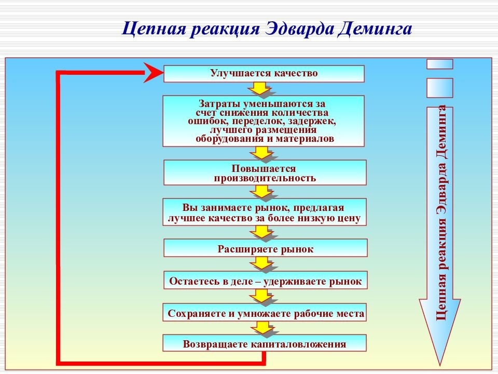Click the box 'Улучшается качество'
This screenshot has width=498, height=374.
click(x=264, y=74)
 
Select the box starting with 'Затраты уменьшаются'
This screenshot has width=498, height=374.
click(x=264, y=121)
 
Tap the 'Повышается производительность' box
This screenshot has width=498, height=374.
click(x=265, y=173)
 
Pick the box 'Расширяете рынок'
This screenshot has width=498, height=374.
click(x=265, y=249)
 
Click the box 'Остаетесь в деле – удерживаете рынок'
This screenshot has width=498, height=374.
click(x=265, y=282)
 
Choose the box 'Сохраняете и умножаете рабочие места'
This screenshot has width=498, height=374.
click(x=265, y=314)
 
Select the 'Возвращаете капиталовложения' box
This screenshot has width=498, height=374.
click(x=265, y=344)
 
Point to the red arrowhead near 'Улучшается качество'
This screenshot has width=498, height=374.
click(x=153, y=73)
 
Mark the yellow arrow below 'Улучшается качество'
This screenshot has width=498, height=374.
click(x=262, y=89)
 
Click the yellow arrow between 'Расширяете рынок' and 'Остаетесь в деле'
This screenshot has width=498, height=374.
click(x=262, y=263)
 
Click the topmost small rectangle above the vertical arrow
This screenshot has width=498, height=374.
click(x=440, y=63)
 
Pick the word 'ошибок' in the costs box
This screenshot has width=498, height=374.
click(x=204, y=122)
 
